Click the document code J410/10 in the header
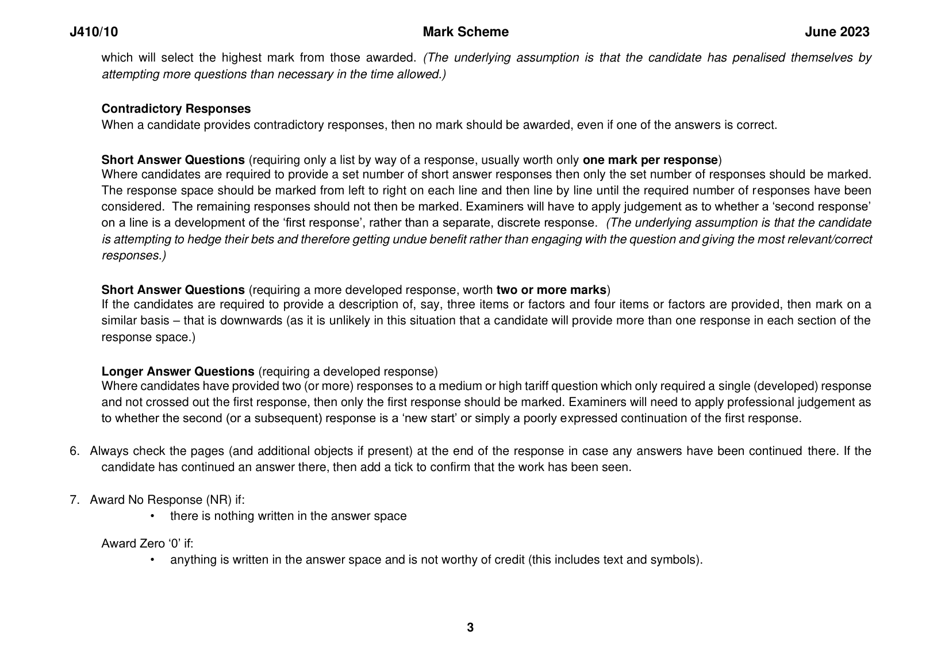(94, 32)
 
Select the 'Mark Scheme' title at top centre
(465, 32)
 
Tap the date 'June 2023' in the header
(836, 32)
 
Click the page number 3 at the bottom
(470, 627)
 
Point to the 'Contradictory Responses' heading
(176, 109)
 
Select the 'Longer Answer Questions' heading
(178, 372)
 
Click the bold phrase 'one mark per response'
(650, 160)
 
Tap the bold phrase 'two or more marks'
(551, 289)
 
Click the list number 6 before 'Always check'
(74, 451)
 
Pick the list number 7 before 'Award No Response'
(74, 500)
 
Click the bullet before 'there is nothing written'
(152, 516)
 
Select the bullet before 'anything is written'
(152, 560)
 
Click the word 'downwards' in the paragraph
(254, 320)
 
